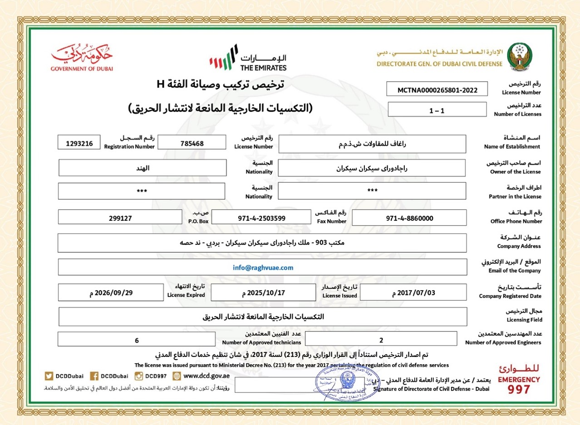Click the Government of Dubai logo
coord(82,58)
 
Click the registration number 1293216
coord(79,143)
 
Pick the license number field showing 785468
coord(192,143)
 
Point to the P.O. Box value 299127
coord(120,218)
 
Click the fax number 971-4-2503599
coord(262,218)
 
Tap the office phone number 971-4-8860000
coord(409,218)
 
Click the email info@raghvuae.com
coord(263,268)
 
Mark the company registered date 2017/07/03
coord(413,293)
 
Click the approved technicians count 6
coord(137,339)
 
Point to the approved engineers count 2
coord(381,339)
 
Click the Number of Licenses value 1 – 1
coord(437,110)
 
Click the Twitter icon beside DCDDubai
coord(49,376)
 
